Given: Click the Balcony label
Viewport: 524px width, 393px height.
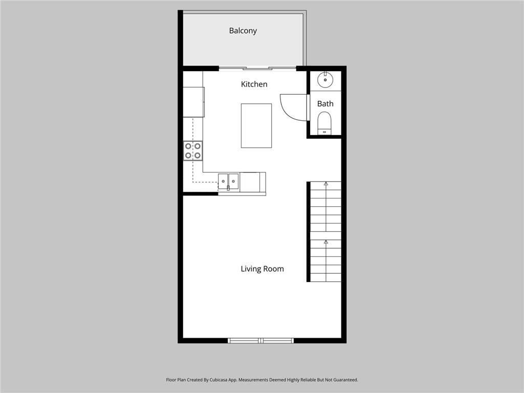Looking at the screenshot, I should tap(243, 31).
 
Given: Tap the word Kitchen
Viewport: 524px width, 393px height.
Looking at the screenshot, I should tap(254, 84).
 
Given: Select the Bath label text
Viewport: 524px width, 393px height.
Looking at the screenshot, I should tap(325, 104).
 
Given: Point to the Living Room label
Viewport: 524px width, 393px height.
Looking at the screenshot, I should tap(262, 269).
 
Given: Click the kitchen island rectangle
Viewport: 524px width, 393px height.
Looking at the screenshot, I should tap(256, 125).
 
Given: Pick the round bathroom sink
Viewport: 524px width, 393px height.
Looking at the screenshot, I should tap(325, 80).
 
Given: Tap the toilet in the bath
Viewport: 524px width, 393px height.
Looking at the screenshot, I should tap(324, 123).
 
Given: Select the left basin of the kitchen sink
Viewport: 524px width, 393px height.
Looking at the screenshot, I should tap(223, 181).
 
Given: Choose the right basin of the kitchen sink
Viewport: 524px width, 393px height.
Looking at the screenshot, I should tap(233, 181).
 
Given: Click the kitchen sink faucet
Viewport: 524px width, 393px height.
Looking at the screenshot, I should tap(228, 188).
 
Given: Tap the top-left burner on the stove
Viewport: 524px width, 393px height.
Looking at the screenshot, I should tap(188, 146).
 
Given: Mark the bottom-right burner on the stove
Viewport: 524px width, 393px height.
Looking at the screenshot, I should tap(198, 155).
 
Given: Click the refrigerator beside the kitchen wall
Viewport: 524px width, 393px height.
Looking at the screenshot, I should tap(193, 102).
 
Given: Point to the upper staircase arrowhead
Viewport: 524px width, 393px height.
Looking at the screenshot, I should tap(325, 183).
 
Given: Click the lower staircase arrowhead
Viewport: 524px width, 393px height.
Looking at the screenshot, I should tap(325, 242).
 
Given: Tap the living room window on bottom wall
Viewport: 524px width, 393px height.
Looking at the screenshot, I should tap(261, 340).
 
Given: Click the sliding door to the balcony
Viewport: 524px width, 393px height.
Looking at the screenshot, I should tap(257, 68).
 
